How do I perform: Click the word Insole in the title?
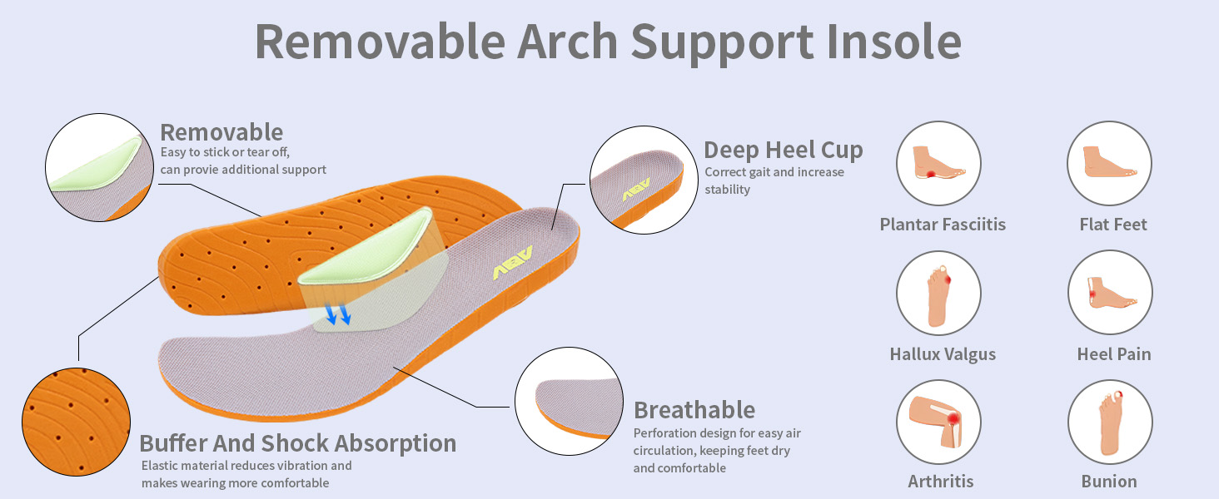pyautogui.click(x=893, y=42)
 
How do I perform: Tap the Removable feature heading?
pyautogui.click(x=221, y=132)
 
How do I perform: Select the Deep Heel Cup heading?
pyautogui.click(x=783, y=151)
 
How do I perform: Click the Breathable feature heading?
pyautogui.click(x=694, y=410)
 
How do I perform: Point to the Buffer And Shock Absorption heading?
pyautogui.click(x=298, y=443)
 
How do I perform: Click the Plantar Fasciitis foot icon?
pyautogui.click(x=938, y=163)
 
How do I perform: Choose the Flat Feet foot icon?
pyautogui.click(x=1110, y=163)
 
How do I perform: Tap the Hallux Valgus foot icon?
pyautogui.click(x=938, y=293)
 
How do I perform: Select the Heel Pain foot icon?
pyautogui.click(x=1110, y=293)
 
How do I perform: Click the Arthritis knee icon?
pyautogui.click(x=938, y=422)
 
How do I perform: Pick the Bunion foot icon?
pyautogui.click(x=1110, y=422)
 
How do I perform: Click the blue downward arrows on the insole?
pyautogui.click(x=337, y=314)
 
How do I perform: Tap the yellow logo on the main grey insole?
pyautogui.click(x=512, y=263)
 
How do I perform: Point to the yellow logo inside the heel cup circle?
pyautogui.click(x=635, y=189)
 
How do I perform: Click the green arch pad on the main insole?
pyautogui.click(x=366, y=248)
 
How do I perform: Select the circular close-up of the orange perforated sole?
pyautogui.click(x=77, y=422)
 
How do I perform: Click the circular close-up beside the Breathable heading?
pyautogui.click(x=570, y=401)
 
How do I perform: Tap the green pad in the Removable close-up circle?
pyautogui.click(x=96, y=164)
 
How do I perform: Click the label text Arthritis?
pyautogui.click(x=940, y=482)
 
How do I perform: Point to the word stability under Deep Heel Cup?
pyautogui.click(x=727, y=190)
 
